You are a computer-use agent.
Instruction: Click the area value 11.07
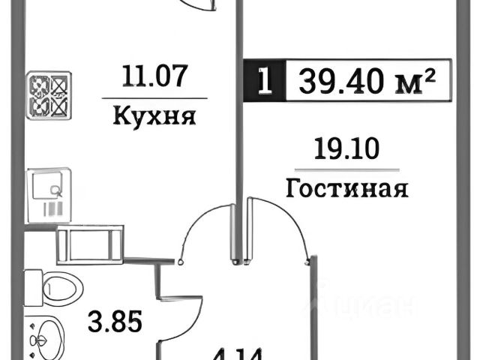pyautogui.click(x=153, y=76)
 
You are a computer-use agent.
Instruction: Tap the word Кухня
pyautogui.click(x=154, y=117)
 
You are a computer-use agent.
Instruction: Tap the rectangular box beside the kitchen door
pyautogui.click(x=91, y=243)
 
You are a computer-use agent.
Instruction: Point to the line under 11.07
pyautogui.click(x=153, y=98)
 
